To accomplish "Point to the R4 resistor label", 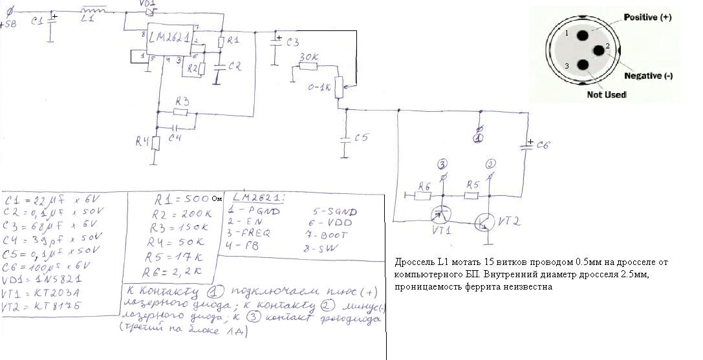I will pyautogui.click(x=142, y=142).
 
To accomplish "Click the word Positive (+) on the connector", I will pyautogui.click(x=647, y=18).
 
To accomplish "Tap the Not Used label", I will pyautogui.click(x=605, y=94).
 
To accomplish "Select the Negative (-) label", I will pyautogui.click(x=649, y=76).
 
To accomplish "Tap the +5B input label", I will pyautogui.click(x=9, y=25).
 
